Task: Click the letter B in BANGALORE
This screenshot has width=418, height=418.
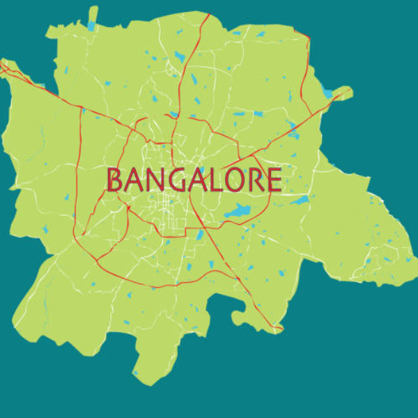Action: [x=115, y=180]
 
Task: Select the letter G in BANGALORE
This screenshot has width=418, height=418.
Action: [x=176, y=180]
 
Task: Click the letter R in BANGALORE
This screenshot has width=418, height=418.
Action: [x=256, y=180]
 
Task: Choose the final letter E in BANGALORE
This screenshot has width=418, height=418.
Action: [x=274, y=180]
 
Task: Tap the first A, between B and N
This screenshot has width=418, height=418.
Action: [x=134, y=180]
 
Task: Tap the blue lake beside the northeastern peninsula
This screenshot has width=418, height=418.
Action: [x=327, y=93]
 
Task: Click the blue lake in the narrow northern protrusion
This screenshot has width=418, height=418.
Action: [x=91, y=26]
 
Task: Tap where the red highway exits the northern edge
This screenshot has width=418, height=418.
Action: [x=208, y=15]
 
